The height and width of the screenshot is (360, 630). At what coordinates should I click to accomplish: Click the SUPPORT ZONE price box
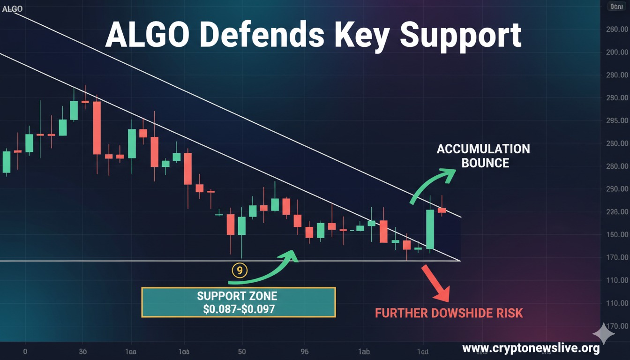(238, 302)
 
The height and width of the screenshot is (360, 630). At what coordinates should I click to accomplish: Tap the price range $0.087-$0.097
(239, 309)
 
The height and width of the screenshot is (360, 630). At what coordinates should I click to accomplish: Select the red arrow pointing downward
(436, 284)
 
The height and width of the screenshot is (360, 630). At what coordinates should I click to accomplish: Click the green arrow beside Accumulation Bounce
(432, 186)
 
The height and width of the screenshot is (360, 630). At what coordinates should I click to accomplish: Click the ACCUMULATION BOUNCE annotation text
(483, 156)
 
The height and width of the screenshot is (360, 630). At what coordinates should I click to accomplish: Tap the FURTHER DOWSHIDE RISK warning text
(449, 313)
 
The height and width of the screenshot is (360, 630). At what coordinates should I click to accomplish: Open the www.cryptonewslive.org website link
(531, 348)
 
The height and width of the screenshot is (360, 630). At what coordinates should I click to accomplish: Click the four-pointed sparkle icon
(603, 334)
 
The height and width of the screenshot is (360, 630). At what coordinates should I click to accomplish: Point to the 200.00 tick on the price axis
(616, 52)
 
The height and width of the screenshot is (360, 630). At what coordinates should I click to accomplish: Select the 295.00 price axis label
(616, 121)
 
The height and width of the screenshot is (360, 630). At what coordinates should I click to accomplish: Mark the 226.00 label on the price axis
(616, 212)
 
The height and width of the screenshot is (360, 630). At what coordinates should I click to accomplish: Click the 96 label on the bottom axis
(304, 351)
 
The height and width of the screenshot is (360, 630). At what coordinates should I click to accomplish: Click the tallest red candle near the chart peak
(97, 127)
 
